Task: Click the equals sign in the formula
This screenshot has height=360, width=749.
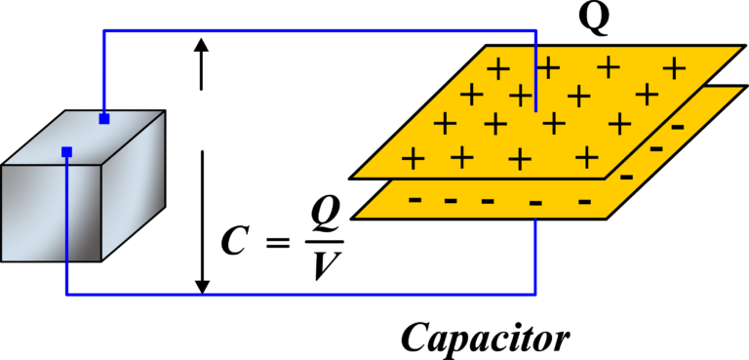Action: pos(278,243)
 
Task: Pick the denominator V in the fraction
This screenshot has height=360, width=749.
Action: pos(325,264)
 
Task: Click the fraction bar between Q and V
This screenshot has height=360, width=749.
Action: pos(325,242)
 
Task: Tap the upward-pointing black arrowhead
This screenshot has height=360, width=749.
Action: pos(201,46)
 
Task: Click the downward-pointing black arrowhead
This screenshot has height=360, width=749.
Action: pos(203,286)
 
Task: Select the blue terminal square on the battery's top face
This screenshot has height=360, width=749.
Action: pos(104,119)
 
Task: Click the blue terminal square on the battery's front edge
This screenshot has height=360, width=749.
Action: pos(66,152)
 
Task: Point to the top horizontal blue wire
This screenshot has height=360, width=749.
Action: pos(320,31)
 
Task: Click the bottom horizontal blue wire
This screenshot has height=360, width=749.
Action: pos(300,294)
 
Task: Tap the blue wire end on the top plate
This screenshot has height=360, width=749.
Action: pos(535,110)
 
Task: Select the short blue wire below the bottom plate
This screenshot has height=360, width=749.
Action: pos(535,256)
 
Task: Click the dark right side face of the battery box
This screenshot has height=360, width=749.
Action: pos(134,185)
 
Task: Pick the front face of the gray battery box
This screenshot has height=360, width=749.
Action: pos(51,214)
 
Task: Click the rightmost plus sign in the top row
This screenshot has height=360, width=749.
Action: pos(674,68)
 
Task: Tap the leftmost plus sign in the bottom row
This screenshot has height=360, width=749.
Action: pos(414,158)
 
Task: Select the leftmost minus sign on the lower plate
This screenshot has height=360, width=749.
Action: pos(415,199)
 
